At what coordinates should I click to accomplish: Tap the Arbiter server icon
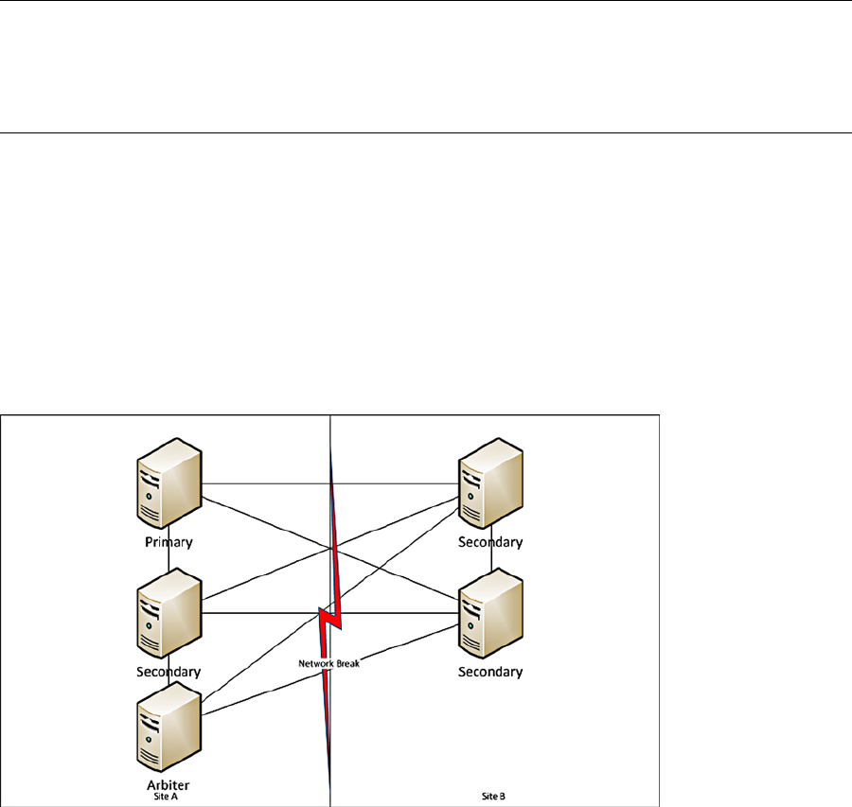tap(169, 729)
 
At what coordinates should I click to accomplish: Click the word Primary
tap(169, 543)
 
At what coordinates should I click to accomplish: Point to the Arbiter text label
tap(169, 784)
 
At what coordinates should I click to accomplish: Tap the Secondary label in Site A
tap(169, 672)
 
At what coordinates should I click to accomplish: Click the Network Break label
tap(329, 664)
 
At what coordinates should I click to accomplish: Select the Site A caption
tap(166, 797)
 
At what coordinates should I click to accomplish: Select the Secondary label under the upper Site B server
tap(490, 543)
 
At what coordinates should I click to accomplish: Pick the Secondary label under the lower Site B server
tap(490, 672)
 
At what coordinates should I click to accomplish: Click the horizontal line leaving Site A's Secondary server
tap(265, 613)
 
